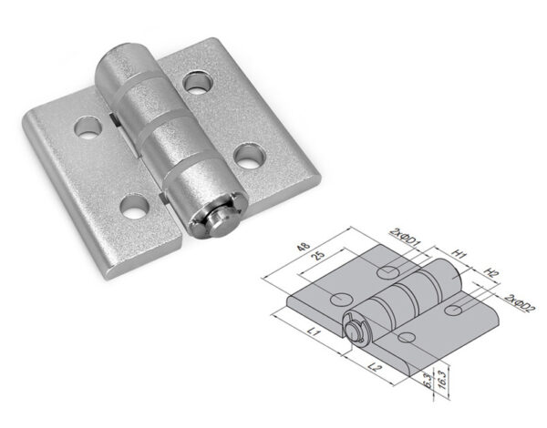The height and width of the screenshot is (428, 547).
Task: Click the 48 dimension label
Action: point(304,247)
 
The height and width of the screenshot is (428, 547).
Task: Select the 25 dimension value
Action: point(318,256)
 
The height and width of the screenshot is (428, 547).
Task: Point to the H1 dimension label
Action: point(459,254)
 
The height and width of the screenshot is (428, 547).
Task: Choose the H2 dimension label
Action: point(491,272)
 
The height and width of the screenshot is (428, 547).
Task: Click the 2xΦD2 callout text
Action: point(520,303)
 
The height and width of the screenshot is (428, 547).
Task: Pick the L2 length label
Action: point(375,367)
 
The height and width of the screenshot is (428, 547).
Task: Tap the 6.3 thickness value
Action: point(428,380)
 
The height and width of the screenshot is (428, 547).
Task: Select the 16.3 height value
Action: point(441,379)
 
